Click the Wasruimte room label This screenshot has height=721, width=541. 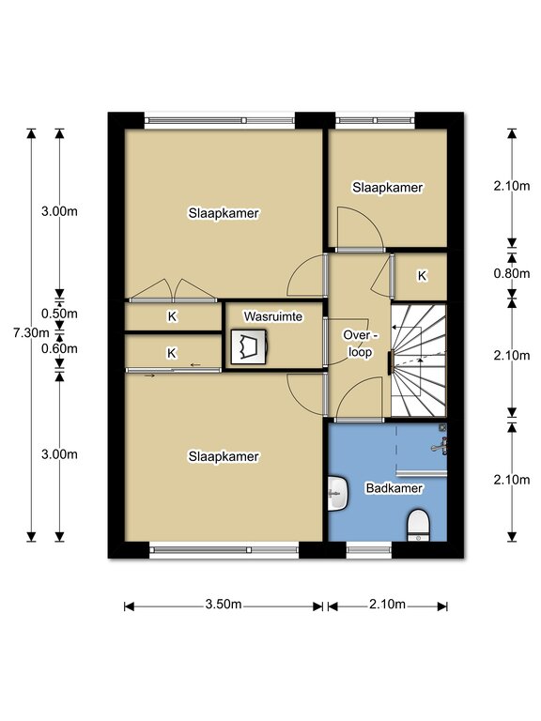point(273,316)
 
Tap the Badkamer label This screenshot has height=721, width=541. point(394,488)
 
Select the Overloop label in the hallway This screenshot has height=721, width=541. point(361,344)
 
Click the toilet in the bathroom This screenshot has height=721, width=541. point(419,525)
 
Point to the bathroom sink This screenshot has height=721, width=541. point(338,494)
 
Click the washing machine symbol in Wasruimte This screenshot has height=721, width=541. point(249,346)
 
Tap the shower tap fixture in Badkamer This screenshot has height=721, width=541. point(440,446)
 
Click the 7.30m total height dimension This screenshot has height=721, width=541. point(25,333)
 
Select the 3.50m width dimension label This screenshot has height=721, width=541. point(224,605)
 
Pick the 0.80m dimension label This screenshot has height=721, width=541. point(512,274)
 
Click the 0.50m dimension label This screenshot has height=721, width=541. point(59,314)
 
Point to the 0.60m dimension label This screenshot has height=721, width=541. point(59,349)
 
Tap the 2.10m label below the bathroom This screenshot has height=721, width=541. point(387,605)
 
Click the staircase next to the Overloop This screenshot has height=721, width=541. point(419,360)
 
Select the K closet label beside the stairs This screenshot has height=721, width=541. point(422,276)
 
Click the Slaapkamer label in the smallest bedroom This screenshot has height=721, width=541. point(387,188)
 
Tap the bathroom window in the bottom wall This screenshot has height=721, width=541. point(369,550)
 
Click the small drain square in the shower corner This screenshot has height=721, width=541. point(442,428)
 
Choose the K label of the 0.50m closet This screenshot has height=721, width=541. point(172,316)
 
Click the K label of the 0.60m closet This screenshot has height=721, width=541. point(172,353)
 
